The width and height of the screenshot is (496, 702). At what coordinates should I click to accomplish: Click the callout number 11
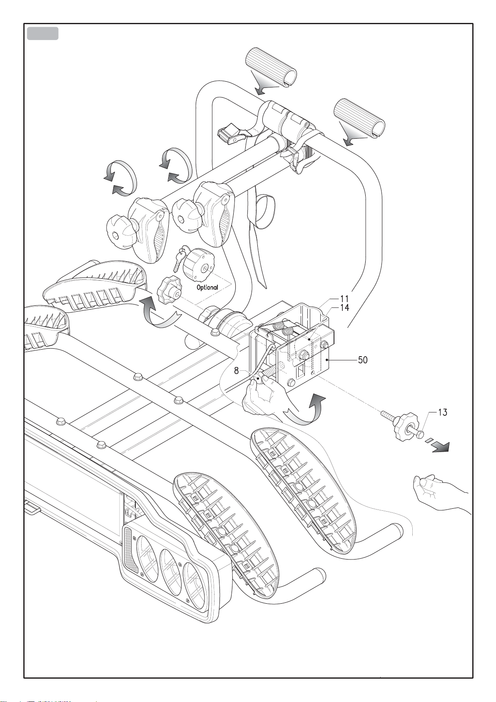tap(344, 299)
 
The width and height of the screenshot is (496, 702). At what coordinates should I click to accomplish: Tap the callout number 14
tap(345, 308)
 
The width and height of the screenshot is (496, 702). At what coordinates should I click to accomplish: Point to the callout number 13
tap(442, 412)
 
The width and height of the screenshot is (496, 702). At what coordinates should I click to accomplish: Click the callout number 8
tap(236, 371)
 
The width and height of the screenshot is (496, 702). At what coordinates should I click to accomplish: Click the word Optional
tap(207, 287)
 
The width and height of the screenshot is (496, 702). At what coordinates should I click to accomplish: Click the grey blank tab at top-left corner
tap(42, 33)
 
